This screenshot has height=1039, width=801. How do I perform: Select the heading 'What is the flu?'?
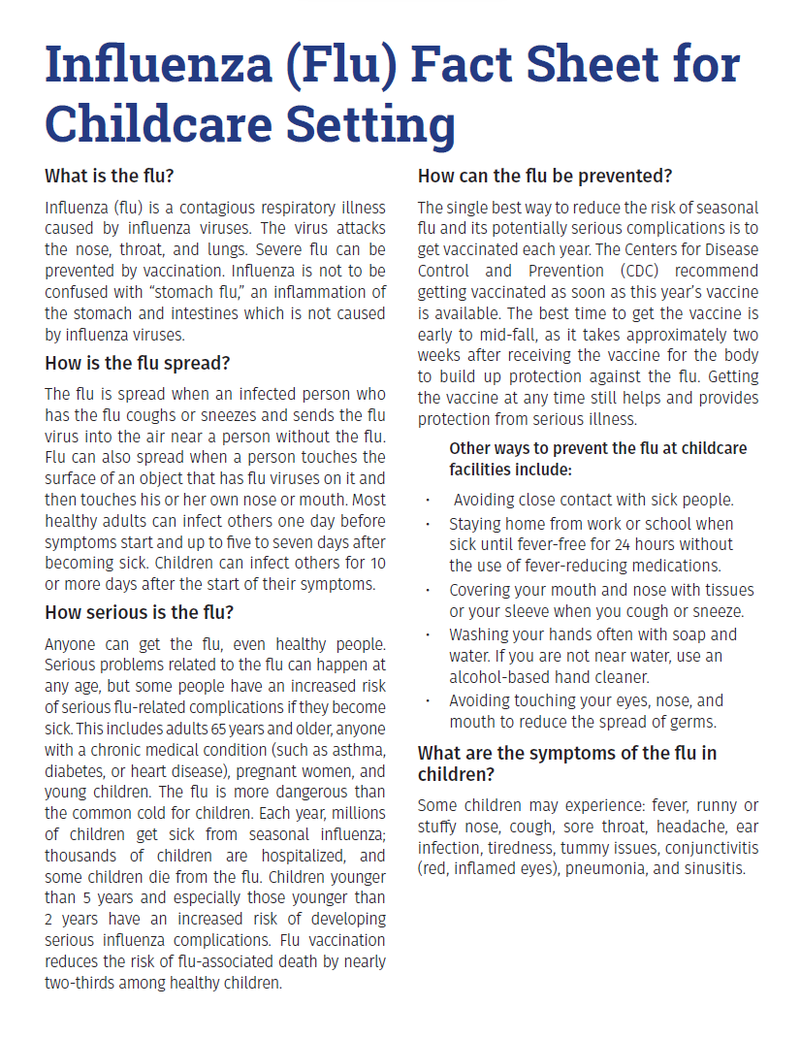coord(109,177)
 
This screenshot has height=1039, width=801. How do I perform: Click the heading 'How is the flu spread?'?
coord(137,364)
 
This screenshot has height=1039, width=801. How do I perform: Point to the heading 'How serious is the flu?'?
coord(140,612)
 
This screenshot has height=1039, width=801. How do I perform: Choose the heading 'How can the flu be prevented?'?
coord(545,177)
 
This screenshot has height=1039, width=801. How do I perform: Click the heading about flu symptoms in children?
coord(567,763)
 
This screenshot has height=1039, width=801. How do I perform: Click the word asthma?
coord(355,750)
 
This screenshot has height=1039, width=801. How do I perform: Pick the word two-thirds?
coord(80,982)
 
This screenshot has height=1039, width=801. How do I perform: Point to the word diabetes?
coord(78,771)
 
